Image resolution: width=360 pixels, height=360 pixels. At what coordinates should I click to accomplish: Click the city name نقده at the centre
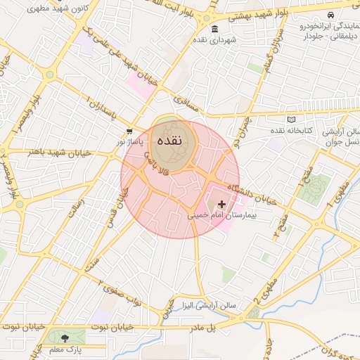(x=172, y=140)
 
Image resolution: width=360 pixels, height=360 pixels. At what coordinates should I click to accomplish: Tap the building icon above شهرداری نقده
(x=214, y=30)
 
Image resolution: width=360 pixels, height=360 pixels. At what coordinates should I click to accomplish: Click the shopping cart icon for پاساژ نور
(x=129, y=131)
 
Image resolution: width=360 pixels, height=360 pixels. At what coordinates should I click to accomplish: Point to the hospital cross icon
(x=222, y=204)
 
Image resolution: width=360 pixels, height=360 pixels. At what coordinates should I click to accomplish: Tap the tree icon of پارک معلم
(x=65, y=338)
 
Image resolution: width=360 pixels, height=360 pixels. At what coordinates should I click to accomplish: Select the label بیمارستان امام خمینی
(x=222, y=216)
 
